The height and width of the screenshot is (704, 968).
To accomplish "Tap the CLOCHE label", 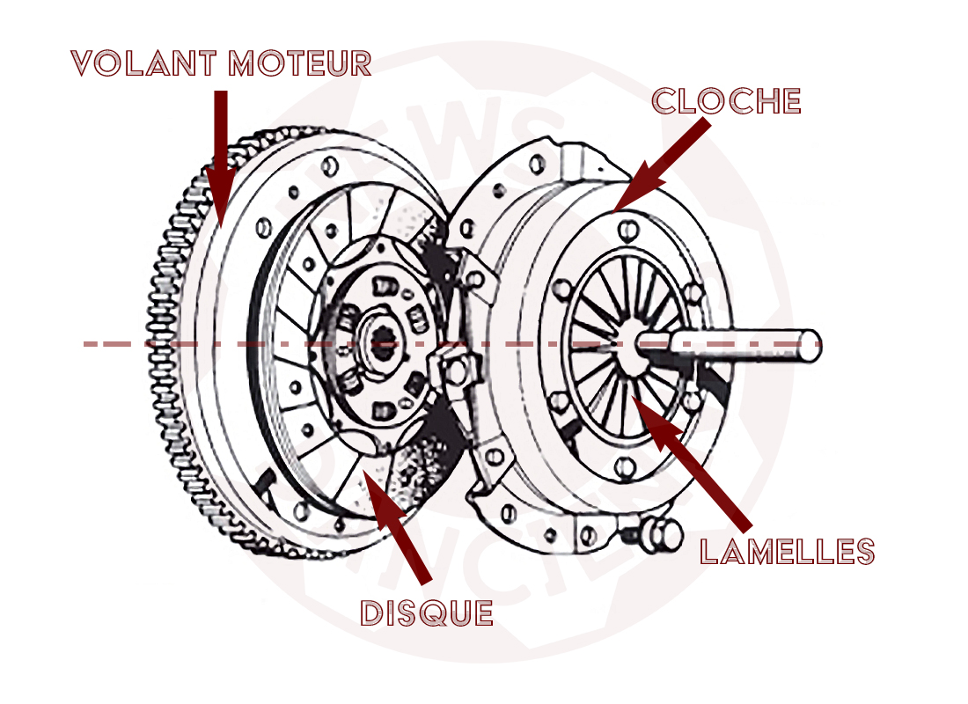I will tap(726, 101).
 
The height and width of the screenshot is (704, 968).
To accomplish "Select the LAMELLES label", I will tap(787, 552).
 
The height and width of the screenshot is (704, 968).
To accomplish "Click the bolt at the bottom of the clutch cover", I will tap(658, 534).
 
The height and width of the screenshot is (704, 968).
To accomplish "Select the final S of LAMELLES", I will tap(863, 552).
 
